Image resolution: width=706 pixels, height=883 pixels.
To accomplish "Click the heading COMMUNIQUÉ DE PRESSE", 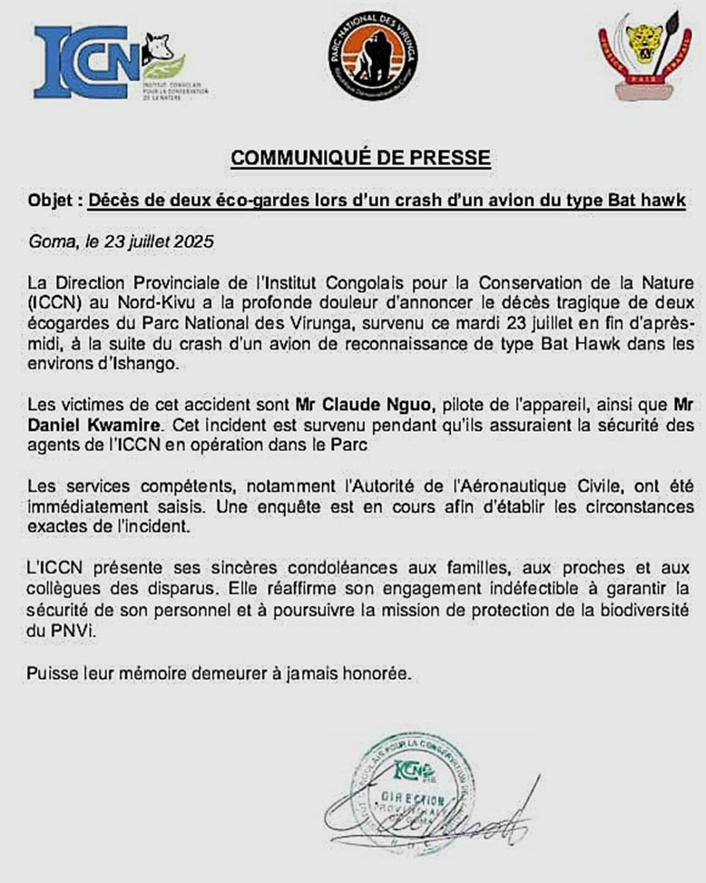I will coord(360,158).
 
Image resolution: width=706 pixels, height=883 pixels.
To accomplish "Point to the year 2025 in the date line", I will coord(191,242).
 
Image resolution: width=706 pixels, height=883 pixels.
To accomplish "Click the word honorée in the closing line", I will coord(379,674).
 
